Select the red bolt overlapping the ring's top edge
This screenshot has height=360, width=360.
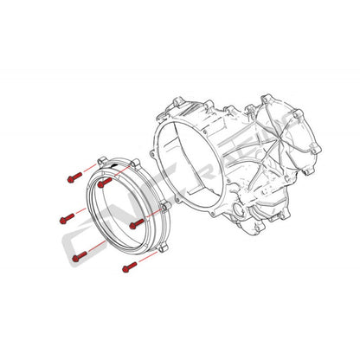(104, 183)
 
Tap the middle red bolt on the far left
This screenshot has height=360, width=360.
(66, 217)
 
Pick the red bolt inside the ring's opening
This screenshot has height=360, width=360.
(135, 224)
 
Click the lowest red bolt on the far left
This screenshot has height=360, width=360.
(76, 256)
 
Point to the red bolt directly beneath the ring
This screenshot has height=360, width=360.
(130, 265)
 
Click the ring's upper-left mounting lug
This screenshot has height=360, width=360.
(103, 162)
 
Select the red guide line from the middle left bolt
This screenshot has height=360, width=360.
(80, 213)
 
